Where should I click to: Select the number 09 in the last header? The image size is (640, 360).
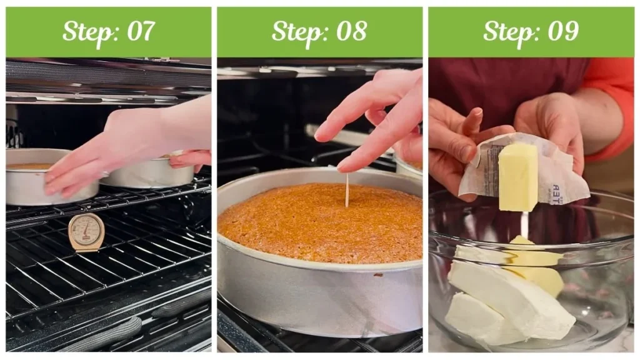coord(562,31)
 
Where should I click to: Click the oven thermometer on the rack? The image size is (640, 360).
coord(86,232)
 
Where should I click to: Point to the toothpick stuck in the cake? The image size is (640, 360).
coord(347,190)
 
